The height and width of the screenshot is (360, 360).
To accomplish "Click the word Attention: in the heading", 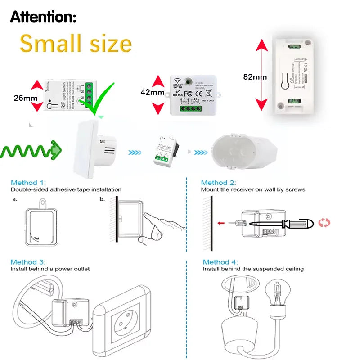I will click(x=43, y=17).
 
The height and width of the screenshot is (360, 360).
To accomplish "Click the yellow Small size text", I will click(x=76, y=44).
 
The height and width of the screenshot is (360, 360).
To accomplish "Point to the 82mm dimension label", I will click(x=255, y=76).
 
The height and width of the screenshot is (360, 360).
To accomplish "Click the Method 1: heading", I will click(x=28, y=183).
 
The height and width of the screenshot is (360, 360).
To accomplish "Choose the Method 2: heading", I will click(x=218, y=183).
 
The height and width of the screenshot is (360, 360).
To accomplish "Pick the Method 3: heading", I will click(x=28, y=261).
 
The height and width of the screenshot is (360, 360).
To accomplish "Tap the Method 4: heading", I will click(x=220, y=261).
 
